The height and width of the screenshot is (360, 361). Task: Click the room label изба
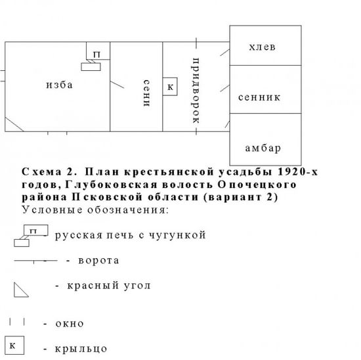point(59,85)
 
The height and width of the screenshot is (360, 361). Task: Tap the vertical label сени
point(146,93)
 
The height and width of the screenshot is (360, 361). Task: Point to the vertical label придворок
point(196,91)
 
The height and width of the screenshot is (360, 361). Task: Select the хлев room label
point(263,47)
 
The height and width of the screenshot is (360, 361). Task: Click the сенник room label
point(259,97)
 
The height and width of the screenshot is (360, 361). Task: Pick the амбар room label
point(263,148)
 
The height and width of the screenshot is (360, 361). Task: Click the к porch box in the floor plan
point(170,87)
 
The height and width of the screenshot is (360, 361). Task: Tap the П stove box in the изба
point(98,51)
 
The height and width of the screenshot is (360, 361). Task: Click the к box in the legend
point(14,345)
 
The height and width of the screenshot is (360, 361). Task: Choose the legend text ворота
point(98,260)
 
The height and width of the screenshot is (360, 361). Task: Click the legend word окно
point(70,324)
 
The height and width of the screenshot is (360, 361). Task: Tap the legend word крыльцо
point(81,349)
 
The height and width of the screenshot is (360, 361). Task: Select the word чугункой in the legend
point(177,235)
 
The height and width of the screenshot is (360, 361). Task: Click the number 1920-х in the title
point(298,171)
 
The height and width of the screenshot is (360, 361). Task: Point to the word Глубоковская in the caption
point(111,185)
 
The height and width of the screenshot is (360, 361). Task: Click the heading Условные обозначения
point(95,210)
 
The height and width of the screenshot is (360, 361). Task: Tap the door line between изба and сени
point(117,85)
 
